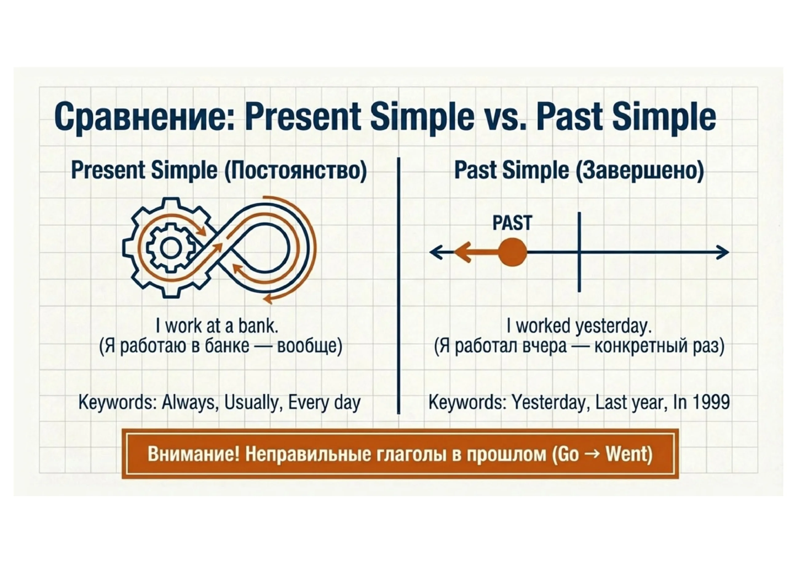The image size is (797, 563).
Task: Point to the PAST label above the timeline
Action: [x=512, y=223]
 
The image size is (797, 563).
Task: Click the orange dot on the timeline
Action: [x=512, y=252]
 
